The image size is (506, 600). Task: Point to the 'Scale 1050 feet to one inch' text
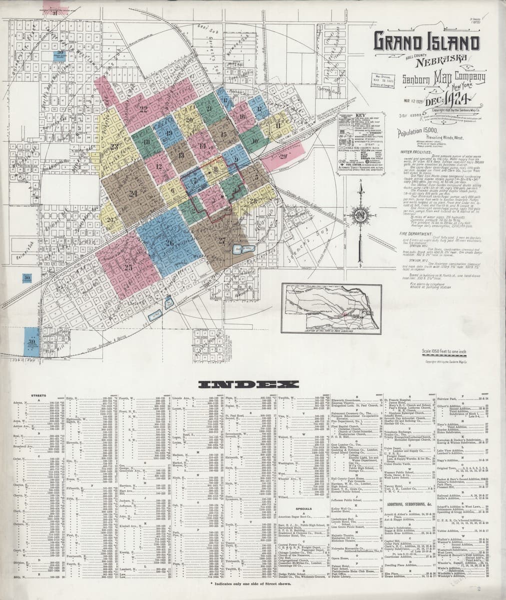pos(444,350)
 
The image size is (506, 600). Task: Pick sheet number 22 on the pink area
pos(144,108)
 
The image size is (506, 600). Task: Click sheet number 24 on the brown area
pos(133,193)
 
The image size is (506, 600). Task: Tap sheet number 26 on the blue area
pos(170,242)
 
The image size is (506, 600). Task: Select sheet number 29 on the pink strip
pos(284,156)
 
